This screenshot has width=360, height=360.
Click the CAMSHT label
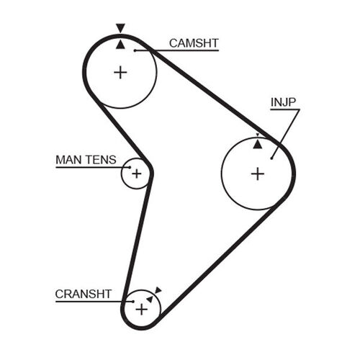point(194,43)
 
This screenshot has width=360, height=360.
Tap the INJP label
point(283,102)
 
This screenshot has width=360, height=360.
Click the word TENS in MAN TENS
point(101,160)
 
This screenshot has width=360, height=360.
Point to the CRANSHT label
point(84,294)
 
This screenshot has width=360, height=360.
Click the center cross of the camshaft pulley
point(120,73)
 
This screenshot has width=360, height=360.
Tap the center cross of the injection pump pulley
point(258,174)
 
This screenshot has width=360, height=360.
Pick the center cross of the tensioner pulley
point(137,174)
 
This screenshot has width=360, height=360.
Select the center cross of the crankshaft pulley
point(142,309)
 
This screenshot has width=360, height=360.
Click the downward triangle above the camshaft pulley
point(120,27)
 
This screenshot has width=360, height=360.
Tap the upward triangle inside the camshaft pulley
point(120,45)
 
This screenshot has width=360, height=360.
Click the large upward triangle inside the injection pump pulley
point(258,145)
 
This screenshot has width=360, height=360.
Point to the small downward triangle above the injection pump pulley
point(258,135)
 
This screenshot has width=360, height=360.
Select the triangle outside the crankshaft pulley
point(158,290)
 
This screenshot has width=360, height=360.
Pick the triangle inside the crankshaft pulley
point(150,299)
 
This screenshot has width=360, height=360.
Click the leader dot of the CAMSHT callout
point(135,50)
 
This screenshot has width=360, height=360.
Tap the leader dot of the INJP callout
point(271,158)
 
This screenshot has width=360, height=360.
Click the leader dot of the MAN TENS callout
point(130,167)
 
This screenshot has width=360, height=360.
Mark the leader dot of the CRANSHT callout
point(133,302)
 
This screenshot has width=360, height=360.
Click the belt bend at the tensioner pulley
point(150,172)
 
